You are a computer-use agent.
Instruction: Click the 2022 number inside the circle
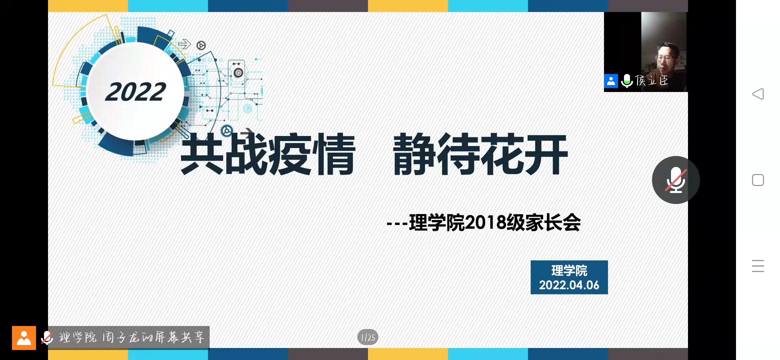(135, 92)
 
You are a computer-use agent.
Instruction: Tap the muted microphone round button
(676, 180)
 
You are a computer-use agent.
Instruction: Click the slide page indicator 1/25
(368, 337)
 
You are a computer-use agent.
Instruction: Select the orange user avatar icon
(24, 338)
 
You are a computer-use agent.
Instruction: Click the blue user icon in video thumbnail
(611, 81)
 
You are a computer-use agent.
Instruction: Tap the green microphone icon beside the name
(627, 81)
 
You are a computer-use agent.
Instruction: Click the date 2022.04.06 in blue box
(569, 285)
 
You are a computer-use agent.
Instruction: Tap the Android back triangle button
(758, 94)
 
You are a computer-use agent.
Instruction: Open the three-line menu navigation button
(758, 266)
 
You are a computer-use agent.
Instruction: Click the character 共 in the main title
(202, 154)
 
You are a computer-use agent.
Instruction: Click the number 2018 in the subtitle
(485, 223)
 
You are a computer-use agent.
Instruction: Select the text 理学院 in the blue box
(569, 270)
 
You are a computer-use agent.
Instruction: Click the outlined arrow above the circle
(184, 44)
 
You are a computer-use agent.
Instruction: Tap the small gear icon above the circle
(201, 45)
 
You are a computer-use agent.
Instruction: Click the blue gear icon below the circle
(227, 130)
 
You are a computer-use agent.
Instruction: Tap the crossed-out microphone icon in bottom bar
(47, 338)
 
